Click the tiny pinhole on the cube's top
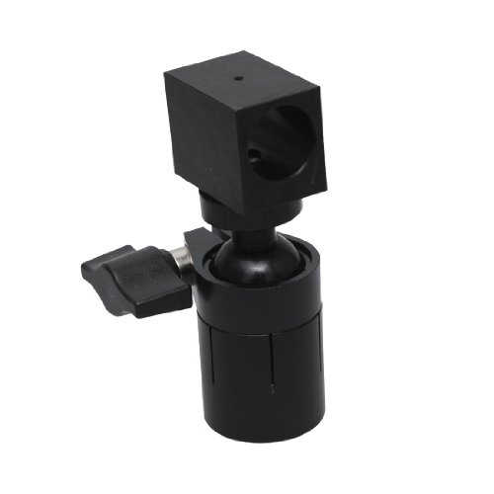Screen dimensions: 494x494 coord(237,78)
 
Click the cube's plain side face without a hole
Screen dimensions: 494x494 coord(196,138)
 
